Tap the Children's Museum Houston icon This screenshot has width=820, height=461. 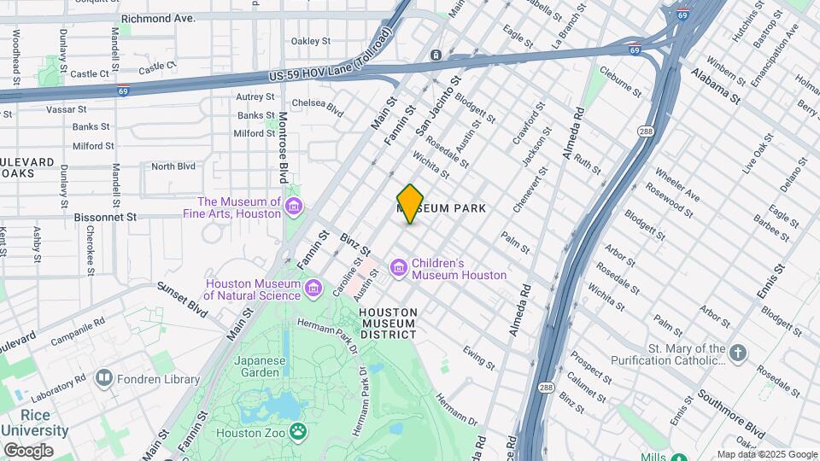399,269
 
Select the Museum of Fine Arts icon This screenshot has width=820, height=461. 295,207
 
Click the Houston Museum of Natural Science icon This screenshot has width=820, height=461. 314,289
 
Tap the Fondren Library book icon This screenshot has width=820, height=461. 104,377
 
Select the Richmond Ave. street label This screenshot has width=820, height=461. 158,17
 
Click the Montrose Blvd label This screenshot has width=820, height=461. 283,147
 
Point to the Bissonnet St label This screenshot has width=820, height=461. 108,217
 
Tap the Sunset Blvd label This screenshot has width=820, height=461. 183,301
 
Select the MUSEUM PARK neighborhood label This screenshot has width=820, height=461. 442,208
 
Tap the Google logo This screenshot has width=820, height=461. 27,451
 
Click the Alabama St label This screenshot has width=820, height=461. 716,84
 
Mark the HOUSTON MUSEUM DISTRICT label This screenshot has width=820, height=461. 388,323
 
